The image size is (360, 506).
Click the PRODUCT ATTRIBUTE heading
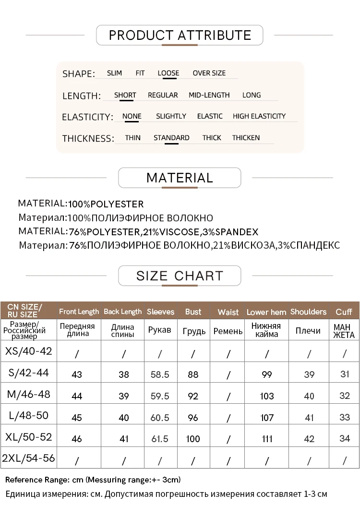point(180,35)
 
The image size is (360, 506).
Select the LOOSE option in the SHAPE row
point(168,73)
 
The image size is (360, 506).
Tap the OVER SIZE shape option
point(209,73)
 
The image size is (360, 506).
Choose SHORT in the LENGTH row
point(125,95)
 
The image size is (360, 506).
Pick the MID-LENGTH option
point(209,95)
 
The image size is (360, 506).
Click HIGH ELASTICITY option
point(259,116)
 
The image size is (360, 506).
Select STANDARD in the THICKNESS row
point(171,138)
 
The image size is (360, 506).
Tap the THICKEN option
point(246,138)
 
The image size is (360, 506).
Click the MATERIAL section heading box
point(180,178)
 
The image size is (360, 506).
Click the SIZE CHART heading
point(180,276)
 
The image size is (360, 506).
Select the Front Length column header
point(79,312)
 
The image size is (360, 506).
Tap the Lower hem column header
point(266,312)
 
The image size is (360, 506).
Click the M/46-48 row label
point(28,395)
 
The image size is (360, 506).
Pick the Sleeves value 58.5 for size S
point(160,374)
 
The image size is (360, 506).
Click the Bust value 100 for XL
point(193,439)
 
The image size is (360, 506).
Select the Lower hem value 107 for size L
point(267,418)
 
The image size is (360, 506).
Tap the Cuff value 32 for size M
point(345,396)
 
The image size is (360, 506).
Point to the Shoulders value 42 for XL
point(309,439)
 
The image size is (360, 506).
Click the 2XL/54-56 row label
point(28,458)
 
